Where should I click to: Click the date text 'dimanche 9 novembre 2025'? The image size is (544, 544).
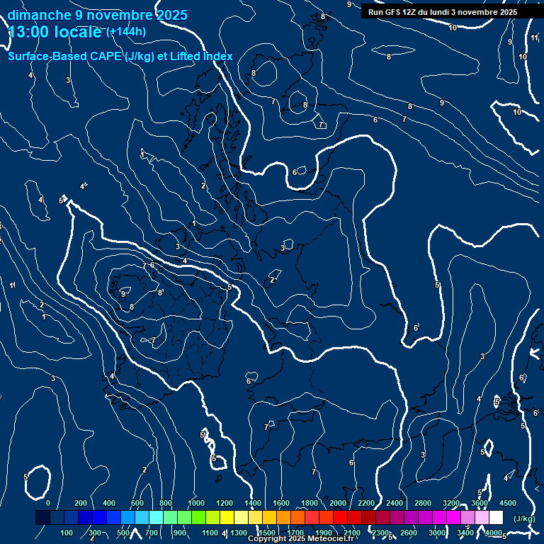pyautogui.click(x=98, y=15)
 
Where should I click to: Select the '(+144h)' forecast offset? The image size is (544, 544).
pyautogui.click(x=126, y=31)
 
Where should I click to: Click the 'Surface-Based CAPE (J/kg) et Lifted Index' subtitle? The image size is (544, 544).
pyautogui.click(x=120, y=56)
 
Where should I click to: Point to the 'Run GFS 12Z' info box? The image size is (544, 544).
pyautogui.click(x=443, y=12)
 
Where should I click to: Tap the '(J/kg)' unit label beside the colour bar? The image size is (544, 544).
pyautogui.click(x=524, y=518)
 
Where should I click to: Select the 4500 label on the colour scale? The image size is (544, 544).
pyautogui.click(x=507, y=503)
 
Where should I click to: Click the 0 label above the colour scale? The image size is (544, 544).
pyautogui.click(x=48, y=503)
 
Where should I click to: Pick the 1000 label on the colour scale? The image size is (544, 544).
pyautogui.click(x=195, y=503)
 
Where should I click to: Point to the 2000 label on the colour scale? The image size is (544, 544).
pyautogui.click(x=337, y=503)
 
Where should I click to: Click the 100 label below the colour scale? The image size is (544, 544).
pyautogui.click(x=67, y=533)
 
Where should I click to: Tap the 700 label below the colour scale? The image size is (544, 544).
pyautogui.click(x=152, y=533)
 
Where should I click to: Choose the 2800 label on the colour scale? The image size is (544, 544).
pyautogui.click(x=422, y=503)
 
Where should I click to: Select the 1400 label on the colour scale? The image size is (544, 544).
pyautogui.click(x=252, y=503)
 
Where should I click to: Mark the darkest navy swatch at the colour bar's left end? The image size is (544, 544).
pyautogui.click(x=42, y=518)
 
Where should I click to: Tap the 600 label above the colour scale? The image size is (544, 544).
pyautogui.click(x=137, y=503)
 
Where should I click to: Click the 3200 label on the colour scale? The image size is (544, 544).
pyautogui.click(x=450, y=503)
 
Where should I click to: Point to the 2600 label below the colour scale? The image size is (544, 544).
pyautogui.click(x=409, y=533)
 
